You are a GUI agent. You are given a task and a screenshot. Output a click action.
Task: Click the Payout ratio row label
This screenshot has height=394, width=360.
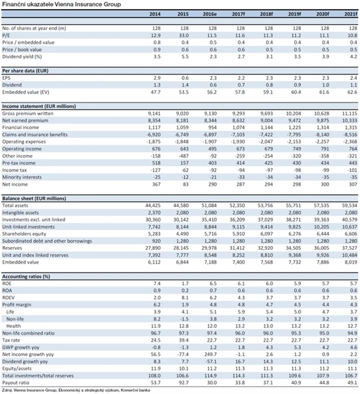tap(16, 382)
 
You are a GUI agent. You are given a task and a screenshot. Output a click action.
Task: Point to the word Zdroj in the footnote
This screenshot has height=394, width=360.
tap(8, 389)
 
